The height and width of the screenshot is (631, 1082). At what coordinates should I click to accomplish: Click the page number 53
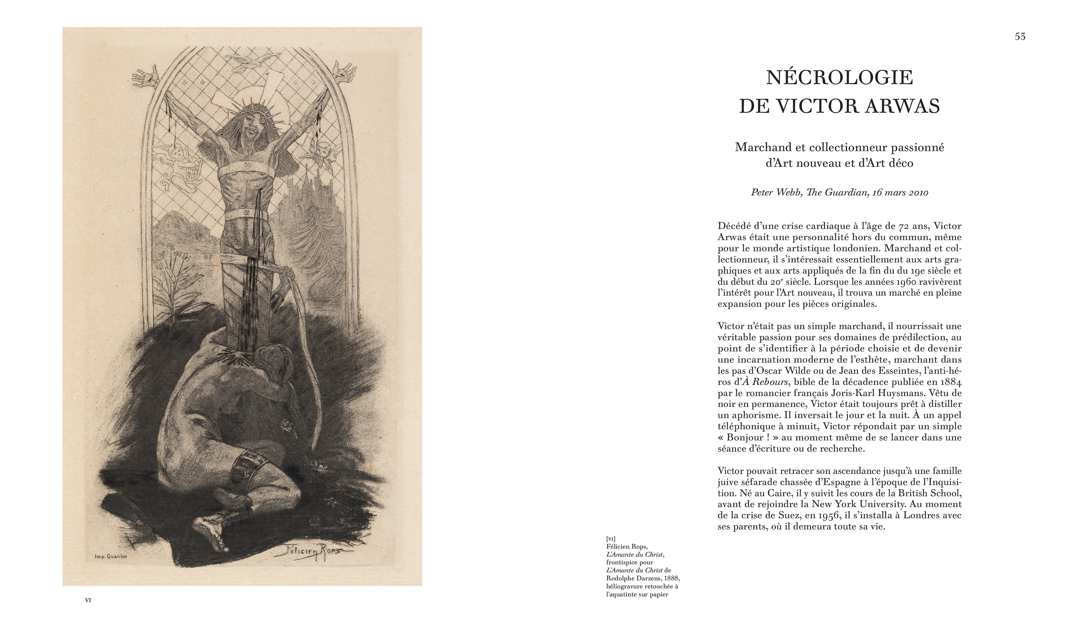pyautogui.click(x=1020, y=37)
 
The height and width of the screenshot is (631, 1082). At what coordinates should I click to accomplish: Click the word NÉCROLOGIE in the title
pyautogui.click(x=839, y=78)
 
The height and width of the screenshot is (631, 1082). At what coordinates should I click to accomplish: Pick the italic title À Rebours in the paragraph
pyautogui.click(x=765, y=382)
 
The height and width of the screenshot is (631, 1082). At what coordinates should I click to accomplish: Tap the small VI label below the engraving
pyautogui.click(x=88, y=600)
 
